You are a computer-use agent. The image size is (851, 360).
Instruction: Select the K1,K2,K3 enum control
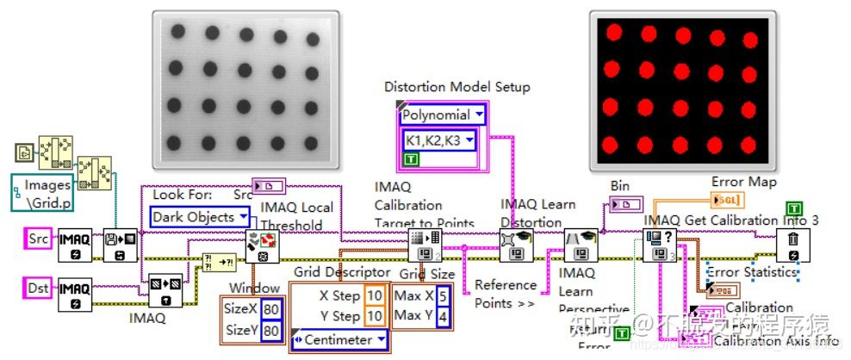pos(440,140)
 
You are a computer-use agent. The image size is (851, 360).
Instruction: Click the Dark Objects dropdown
pos(201,217)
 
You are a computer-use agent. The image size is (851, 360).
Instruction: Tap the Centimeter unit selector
pos(339,339)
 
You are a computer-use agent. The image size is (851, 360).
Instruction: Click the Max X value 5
pos(441,296)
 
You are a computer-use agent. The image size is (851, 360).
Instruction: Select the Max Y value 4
pos(441,316)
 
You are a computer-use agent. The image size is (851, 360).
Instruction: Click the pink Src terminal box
pos(38,239)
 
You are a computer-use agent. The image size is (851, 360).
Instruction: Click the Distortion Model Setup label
pos(457,87)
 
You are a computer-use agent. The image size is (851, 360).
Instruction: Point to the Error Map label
pos(743,182)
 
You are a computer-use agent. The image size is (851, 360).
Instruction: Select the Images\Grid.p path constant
pos(48,193)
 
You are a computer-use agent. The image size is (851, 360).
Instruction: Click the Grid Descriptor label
pos(341,273)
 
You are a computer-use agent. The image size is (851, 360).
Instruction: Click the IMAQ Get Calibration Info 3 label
pos(730,220)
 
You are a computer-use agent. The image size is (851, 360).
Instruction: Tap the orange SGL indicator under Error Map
pos(724,201)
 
